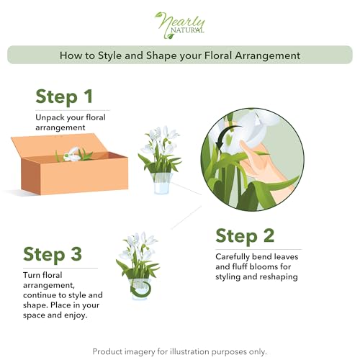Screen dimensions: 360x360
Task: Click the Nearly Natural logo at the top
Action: [179, 22]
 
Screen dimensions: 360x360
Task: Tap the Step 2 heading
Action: [246, 235]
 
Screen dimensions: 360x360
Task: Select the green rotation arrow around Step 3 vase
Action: [140, 288]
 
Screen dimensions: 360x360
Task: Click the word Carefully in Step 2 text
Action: [235, 256]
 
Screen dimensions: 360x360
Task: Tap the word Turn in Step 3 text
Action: [33, 274]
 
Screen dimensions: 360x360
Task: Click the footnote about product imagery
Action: [179, 351]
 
